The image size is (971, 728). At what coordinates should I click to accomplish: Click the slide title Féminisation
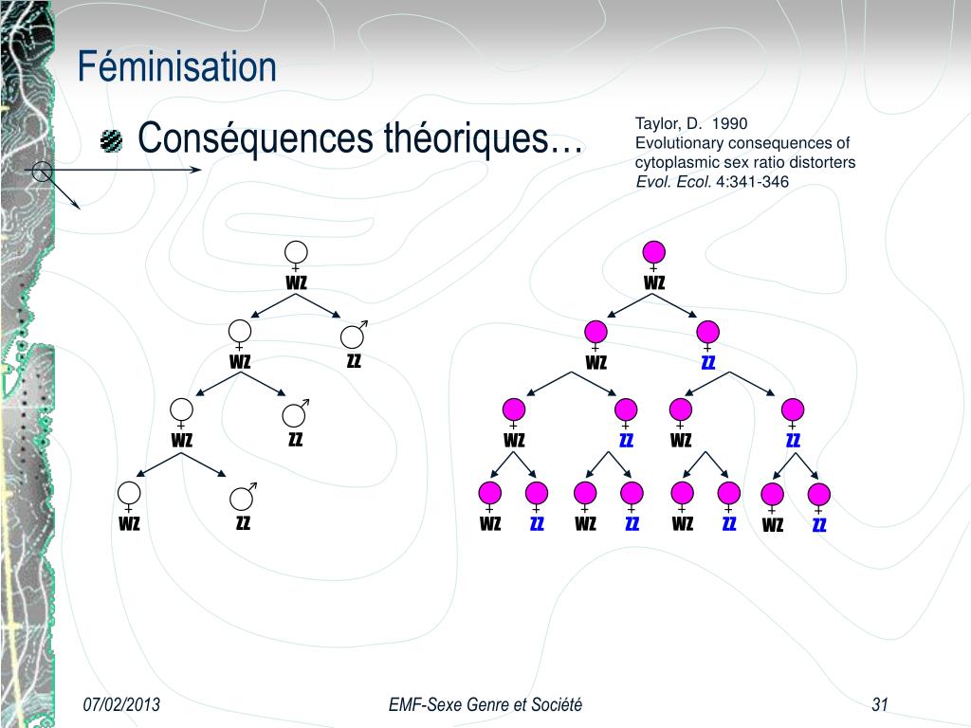coord(177,67)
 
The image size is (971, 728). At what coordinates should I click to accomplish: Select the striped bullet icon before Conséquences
coord(112,142)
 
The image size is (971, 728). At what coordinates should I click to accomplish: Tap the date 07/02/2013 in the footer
coord(121,703)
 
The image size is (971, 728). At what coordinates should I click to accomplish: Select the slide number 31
coord(879,703)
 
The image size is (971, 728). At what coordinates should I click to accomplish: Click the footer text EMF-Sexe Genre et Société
coord(485,703)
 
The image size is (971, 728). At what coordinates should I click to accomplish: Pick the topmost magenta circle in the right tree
coord(653,251)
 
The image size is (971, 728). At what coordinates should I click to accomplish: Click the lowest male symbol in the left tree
coord(243,497)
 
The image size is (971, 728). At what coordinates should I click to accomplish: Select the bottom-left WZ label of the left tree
coord(129,522)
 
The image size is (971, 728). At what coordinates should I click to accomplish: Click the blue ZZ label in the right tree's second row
coord(707,362)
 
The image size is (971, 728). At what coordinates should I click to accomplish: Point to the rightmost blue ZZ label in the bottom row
coord(819,524)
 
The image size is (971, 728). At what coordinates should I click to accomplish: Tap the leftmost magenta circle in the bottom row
coord(490,493)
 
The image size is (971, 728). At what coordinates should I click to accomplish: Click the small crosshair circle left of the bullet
coord(41,172)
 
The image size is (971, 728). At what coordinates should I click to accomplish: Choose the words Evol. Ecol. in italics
coord(672,181)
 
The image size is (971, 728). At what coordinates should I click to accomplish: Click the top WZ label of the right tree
coord(654,282)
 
